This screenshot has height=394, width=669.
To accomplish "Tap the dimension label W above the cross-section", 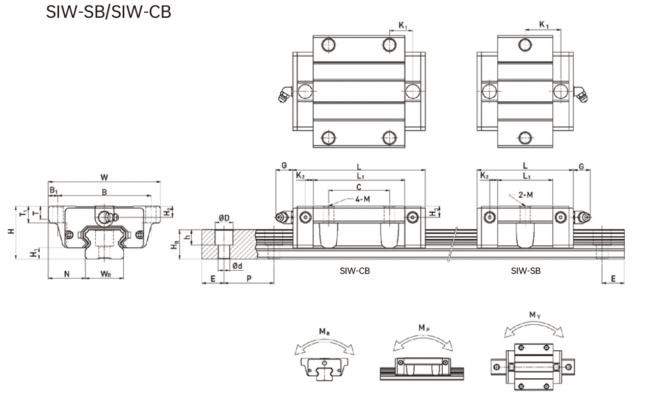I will (104, 177).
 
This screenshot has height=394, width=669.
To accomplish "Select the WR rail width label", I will (105, 274).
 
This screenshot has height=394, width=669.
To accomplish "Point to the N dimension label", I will (67, 274).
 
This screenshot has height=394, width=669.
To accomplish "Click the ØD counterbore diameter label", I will (224, 218).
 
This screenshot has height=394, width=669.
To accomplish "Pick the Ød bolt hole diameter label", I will (237, 266).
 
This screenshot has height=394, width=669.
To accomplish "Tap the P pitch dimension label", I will (249, 278).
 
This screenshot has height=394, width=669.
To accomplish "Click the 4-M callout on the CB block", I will (360, 200).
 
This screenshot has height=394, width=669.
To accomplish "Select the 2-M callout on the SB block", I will (526, 195).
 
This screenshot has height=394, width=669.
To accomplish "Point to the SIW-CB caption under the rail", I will (355, 271).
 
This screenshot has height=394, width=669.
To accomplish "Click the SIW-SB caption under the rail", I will (525, 271).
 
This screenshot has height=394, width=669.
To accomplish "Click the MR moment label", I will (324, 331).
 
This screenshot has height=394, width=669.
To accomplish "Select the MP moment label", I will (423, 328).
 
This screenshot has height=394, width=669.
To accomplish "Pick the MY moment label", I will (534, 316).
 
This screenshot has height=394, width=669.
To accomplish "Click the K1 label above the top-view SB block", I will (544, 24).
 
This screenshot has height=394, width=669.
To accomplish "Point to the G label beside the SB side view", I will (581, 166).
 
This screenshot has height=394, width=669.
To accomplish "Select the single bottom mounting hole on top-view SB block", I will (524, 136).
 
